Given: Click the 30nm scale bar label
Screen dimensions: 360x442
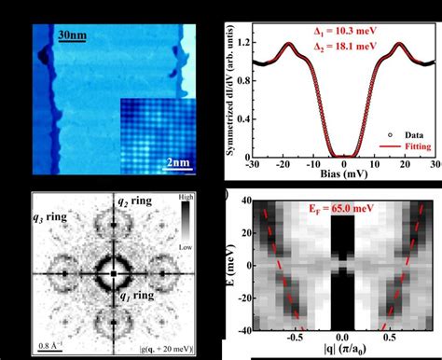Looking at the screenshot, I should point(73,37).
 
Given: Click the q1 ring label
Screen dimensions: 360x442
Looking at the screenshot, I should point(135,298).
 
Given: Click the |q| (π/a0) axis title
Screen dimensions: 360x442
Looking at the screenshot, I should point(342,352).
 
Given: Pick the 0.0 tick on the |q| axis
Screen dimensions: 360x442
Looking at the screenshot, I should point(342,337).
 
